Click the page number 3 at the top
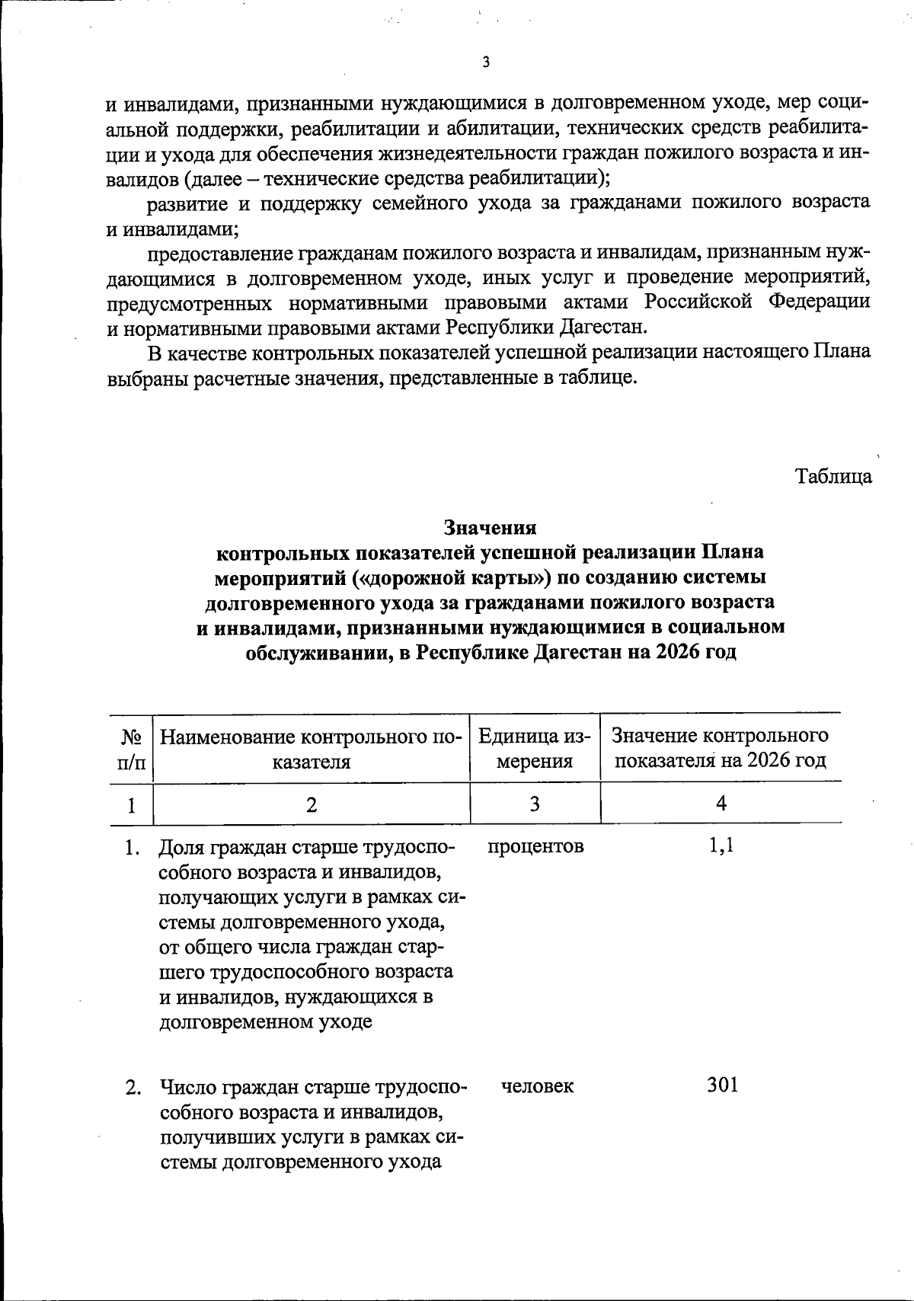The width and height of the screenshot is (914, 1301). pyautogui.click(x=485, y=63)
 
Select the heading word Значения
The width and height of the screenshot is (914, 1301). pyautogui.click(x=491, y=527)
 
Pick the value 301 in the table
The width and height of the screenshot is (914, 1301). pyautogui.click(x=722, y=1085)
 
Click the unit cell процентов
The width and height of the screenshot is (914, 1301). pyautogui.click(x=535, y=845)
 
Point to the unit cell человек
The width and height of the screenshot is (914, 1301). pyautogui.click(x=538, y=1085)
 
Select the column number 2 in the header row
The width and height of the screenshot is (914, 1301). pyautogui.click(x=311, y=804)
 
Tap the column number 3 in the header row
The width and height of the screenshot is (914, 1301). pyautogui.click(x=535, y=804)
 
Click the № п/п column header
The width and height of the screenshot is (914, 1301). pyautogui.click(x=132, y=749)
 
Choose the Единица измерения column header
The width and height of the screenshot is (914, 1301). pyautogui.click(x=535, y=749)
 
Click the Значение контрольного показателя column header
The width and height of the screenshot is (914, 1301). pyautogui.click(x=721, y=748)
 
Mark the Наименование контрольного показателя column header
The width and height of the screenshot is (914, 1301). pyautogui.click(x=312, y=749)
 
